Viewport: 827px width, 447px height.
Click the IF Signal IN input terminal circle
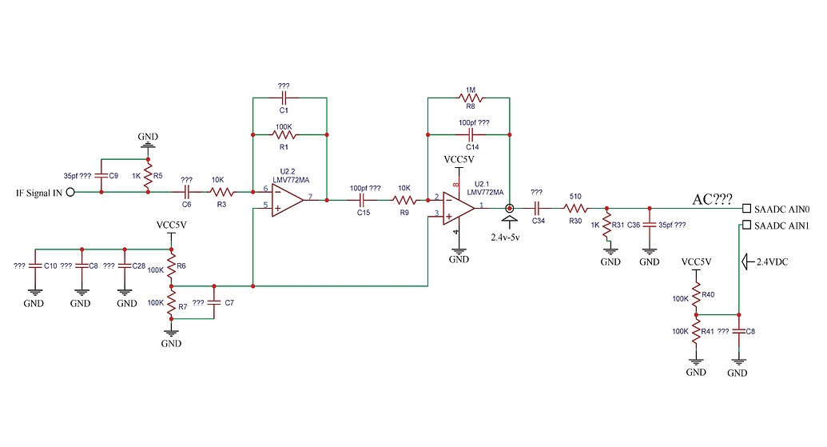(70, 192)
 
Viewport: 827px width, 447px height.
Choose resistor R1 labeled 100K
(284, 134)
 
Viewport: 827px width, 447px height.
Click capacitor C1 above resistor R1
(284, 97)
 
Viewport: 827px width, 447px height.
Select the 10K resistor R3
(221, 192)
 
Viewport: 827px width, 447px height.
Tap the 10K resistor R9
(404, 201)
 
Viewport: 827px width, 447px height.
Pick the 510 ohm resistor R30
(575, 208)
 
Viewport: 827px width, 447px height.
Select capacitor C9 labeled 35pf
(101, 175)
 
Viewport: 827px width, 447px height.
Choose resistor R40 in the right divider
(696, 297)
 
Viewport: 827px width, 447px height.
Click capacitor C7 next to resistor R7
(213, 303)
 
